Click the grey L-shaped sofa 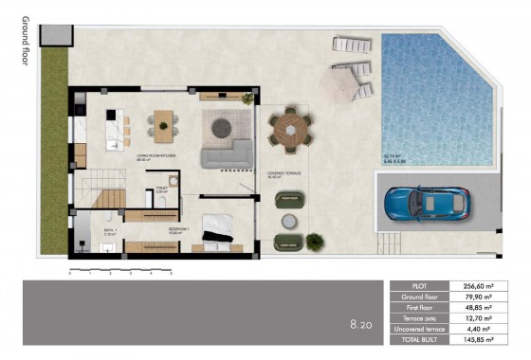225,154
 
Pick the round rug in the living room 228,127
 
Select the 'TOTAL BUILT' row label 419,338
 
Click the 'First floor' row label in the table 419,307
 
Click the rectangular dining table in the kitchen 164,123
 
